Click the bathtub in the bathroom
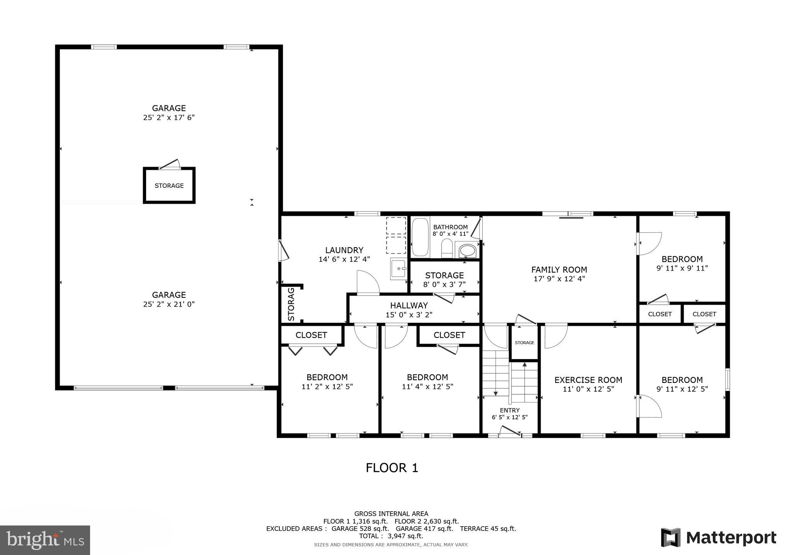click(x=420, y=237)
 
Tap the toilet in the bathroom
click(x=447, y=248)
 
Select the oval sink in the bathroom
click(x=466, y=251)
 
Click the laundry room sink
click(x=399, y=269)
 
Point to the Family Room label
click(x=559, y=269)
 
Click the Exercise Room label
click(x=588, y=380)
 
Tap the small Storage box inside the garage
click(x=169, y=186)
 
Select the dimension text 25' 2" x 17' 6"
click(x=169, y=118)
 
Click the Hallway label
click(x=409, y=305)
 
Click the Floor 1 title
click(x=392, y=468)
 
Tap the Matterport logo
click(x=719, y=537)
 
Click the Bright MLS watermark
click(x=45, y=540)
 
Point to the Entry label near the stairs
click(x=509, y=410)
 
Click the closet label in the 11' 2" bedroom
click(x=311, y=335)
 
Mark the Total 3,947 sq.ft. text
click(x=391, y=536)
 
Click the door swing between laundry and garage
click(x=284, y=251)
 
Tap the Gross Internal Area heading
click(x=391, y=514)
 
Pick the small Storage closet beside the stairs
click(x=524, y=343)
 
